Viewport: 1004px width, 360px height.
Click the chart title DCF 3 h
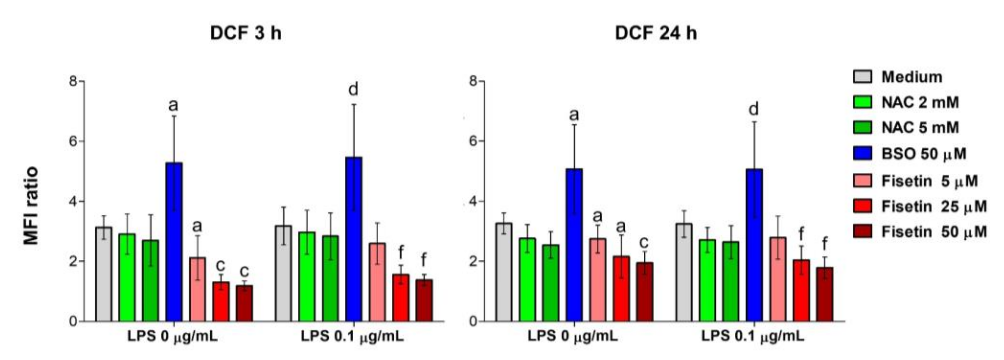(246, 33)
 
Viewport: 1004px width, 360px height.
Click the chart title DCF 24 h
(656, 33)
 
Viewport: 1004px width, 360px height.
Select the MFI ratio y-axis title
(31, 206)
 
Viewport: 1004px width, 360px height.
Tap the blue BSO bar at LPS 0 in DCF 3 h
(174, 242)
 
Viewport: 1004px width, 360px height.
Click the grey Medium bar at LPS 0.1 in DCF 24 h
(684, 273)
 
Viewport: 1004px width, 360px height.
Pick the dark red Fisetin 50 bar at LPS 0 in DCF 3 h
(244, 304)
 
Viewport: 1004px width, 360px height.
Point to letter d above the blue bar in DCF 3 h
(353, 89)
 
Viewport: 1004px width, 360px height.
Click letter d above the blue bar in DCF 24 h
(754, 109)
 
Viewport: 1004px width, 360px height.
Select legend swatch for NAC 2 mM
(863, 102)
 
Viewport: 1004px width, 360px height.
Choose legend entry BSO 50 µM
(924, 154)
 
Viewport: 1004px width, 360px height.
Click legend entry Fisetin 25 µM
(934, 206)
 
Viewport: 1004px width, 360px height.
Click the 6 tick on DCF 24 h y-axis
(473, 141)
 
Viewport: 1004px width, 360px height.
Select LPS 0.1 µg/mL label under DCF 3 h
(352, 336)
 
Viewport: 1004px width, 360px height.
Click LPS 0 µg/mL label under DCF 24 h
(573, 336)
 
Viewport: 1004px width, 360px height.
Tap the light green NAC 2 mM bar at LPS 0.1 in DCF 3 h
(307, 277)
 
